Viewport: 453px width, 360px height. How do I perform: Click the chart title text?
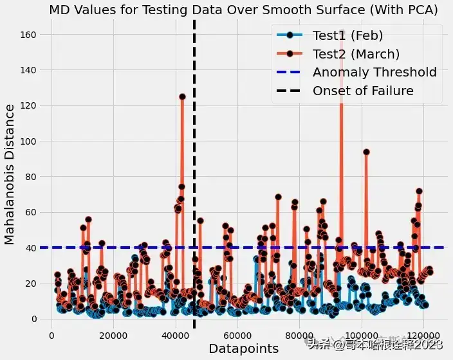(x=243, y=10)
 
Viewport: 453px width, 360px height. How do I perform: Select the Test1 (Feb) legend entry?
(x=330, y=35)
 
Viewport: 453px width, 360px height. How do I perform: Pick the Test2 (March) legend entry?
(x=338, y=54)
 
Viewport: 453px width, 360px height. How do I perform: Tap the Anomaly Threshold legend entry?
(x=356, y=72)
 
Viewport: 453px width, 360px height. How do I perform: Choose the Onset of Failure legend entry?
(x=345, y=91)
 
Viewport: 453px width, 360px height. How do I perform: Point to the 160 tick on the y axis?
(x=28, y=35)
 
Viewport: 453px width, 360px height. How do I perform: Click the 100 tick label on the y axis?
(x=28, y=141)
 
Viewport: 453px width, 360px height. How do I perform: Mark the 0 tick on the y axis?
(x=34, y=319)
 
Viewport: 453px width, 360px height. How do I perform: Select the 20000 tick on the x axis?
(x=113, y=336)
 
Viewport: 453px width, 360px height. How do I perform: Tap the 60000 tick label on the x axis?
(x=237, y=336)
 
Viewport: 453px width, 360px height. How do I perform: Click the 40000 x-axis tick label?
(x=176, y=336)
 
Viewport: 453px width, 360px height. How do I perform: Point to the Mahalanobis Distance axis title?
(x=9, y=175)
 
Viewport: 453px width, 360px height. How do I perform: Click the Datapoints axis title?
(x=243, y=348)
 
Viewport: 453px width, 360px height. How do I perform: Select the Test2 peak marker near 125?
(x=182, y=96)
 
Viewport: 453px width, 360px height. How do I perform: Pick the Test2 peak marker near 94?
(x=366, y=152)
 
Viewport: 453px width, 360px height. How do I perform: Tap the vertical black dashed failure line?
(x=194, y=174)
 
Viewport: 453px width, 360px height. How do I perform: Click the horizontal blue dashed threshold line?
(x=242, y=248)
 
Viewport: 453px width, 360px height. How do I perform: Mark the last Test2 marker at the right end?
(x=430, y=272)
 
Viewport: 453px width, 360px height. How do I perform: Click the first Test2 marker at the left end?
(x=57, y=275)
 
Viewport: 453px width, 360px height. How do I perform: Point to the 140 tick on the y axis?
(x=28, y=70)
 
